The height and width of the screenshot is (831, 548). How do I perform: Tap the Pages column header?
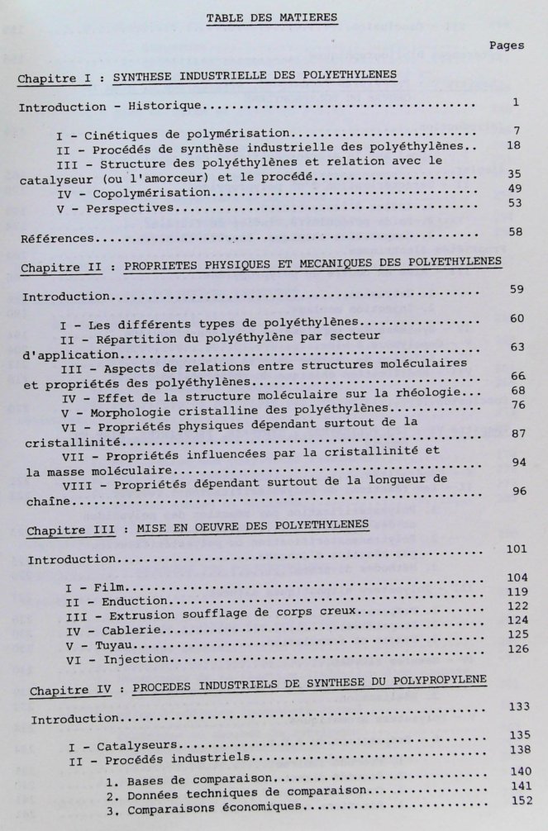505,45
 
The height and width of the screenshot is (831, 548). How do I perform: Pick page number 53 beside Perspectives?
512,202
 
